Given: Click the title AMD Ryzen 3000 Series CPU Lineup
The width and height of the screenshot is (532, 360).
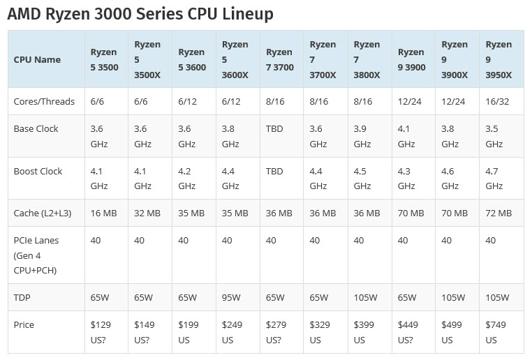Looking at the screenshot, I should tap(140, 13).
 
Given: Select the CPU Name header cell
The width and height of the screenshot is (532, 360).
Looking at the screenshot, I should tap(37, 59).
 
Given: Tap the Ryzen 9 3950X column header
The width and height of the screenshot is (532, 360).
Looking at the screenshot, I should tap(498, 59).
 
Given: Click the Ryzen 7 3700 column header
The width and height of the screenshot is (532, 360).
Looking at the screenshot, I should tap(279, 59).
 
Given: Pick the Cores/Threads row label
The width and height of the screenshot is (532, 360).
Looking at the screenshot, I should tap(44, 101).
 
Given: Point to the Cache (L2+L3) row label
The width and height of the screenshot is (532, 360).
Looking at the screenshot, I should tap(44, 213).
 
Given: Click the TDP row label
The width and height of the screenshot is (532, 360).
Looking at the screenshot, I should tap(22, 297).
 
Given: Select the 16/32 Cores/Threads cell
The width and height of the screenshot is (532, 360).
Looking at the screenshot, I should tap(497, 101).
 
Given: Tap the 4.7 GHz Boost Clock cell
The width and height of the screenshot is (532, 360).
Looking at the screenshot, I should tap(494, 179).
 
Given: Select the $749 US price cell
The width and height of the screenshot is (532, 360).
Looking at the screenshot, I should tap(496, 332).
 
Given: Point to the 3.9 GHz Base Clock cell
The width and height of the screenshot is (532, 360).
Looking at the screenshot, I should tap(362, 136).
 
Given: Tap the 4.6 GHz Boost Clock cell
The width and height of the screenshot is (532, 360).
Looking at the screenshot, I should tap(450, 179).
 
